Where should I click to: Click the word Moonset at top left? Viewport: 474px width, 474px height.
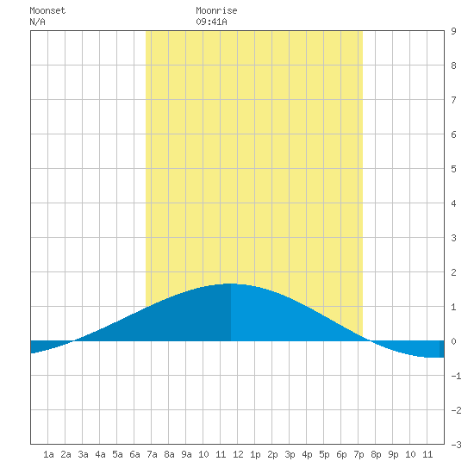(47, 10)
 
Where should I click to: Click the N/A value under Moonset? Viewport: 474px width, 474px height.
(37, 22)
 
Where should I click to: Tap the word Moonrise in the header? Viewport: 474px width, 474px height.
(216, 10)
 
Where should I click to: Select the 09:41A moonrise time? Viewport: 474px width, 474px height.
(211, 22)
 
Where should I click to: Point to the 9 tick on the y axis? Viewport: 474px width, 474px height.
(453, 31)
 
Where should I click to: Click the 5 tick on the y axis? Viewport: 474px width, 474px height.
(453, 169)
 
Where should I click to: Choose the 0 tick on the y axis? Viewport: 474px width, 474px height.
(453, 341)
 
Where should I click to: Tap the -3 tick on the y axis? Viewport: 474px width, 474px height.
(456, 445)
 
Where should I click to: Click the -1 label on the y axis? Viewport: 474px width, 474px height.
(456, 376)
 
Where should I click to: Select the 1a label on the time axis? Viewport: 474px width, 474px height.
(48, 454)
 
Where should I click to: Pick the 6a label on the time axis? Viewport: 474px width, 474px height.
(134, 454)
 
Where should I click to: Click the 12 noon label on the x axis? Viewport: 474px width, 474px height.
(238, 454)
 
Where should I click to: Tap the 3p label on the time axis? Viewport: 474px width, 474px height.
(290, 454)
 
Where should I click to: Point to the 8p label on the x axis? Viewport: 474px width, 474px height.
(376, 454)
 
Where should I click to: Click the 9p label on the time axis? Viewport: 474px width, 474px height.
(393, 454)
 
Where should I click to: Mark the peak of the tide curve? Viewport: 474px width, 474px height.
(231, 284)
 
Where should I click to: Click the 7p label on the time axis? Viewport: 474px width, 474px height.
(359, 454)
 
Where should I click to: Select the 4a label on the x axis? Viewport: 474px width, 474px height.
(100, 454)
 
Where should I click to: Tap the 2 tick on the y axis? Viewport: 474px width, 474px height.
(453, 272)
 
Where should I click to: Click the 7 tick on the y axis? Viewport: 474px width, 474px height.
(453, 100)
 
